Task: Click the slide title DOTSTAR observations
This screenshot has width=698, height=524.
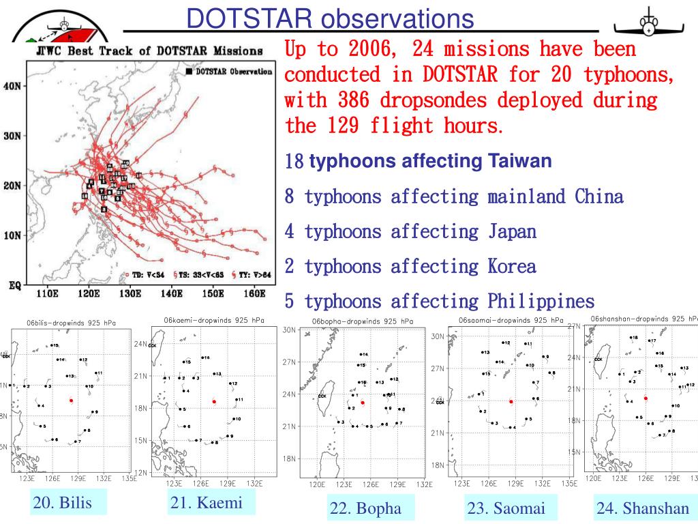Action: tap(331, 18)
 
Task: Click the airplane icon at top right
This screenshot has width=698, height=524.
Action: tap(647, 25)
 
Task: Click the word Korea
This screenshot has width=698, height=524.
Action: tap(511, 266)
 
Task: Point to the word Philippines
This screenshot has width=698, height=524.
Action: tap(541, 301)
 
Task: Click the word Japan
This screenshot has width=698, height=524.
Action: tap(512, 231)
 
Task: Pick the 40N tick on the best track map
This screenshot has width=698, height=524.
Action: tap(13, 86)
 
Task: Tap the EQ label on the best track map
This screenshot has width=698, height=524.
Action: tap(14, 285)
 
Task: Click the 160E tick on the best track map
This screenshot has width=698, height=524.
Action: tap(254, 295)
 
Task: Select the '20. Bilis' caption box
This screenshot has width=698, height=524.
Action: tap(62, 504)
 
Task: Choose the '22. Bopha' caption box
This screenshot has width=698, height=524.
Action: tap(365, 508)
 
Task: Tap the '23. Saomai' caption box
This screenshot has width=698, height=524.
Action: tap(506, 508)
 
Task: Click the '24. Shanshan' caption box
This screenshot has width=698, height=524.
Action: tap(643, 508)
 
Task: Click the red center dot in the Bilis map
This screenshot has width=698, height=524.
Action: tap(71, 401)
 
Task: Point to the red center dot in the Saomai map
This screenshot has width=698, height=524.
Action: tap(511, 402)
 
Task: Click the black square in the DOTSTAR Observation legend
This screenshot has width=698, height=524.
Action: tap(188, 71)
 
